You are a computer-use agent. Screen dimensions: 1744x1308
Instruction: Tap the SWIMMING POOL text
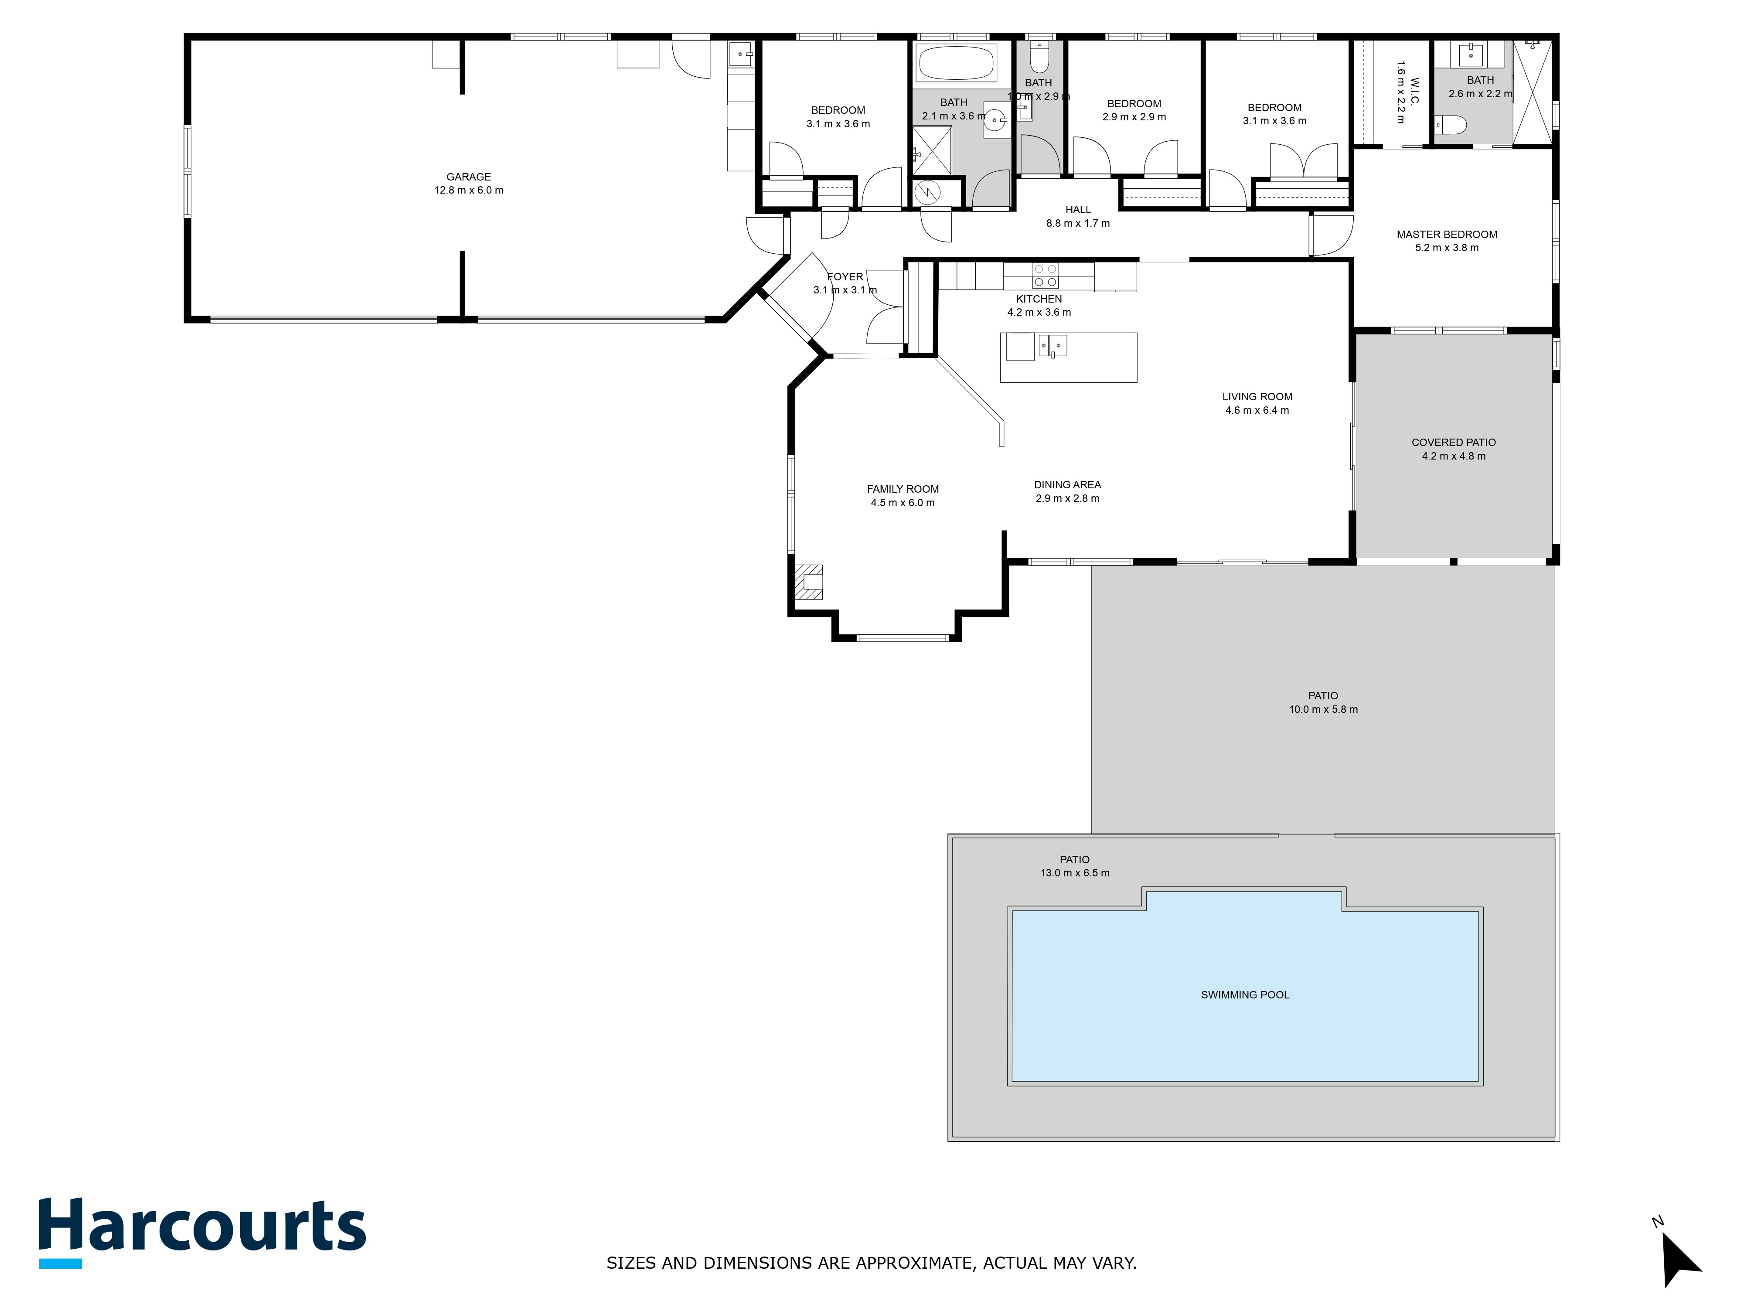(x=1245, y=995)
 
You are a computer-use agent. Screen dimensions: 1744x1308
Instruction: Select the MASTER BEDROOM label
(x=1447, y=234)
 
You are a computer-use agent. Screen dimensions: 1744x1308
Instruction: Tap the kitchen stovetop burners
(x=1046, y=275)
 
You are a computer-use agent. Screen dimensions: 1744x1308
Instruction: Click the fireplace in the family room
(x=808, y=582)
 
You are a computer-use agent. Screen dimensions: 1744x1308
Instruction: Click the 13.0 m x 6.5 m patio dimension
(x=1075, y=873)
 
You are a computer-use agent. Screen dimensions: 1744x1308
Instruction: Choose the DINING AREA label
(x=1067, y=485)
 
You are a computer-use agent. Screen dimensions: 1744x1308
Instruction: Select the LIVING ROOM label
(x=1257, y=397)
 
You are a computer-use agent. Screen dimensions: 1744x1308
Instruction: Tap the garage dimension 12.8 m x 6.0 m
(x=469, y=190)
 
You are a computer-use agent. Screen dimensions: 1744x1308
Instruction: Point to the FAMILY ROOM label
(x=903, y=489)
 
